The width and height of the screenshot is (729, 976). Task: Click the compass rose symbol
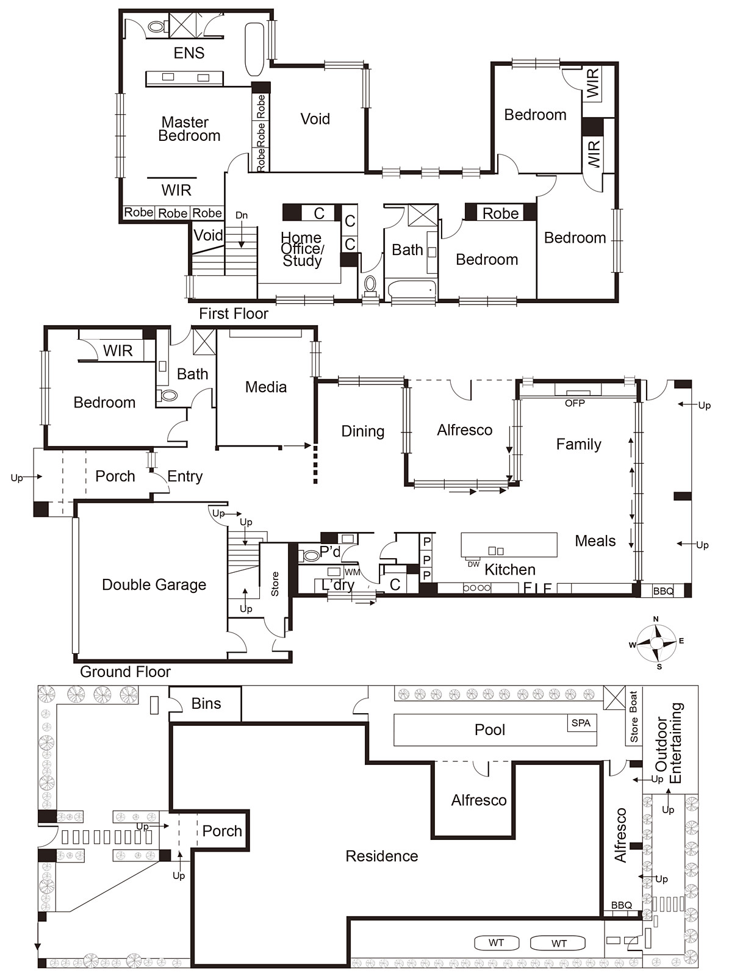point(656,643)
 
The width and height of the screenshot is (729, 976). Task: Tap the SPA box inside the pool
point(581,723)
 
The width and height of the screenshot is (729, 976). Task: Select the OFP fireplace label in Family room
point(575,403)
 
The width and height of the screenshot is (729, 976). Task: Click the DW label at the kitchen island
point(473,564)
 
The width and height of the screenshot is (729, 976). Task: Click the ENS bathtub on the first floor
point(254,49)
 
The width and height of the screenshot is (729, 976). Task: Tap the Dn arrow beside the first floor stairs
point(242,215)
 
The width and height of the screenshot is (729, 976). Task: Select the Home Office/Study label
point(302,249)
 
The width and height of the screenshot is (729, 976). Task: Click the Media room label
point(265,387)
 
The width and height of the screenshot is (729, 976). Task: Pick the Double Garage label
point(154,584)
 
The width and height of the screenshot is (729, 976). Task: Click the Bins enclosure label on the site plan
point(206,703)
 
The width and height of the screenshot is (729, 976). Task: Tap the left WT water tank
point(496,942)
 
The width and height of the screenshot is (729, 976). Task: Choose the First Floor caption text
point(234,314)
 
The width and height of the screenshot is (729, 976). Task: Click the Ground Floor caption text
point(125,672)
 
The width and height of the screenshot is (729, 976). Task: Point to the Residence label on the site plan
point(381,856)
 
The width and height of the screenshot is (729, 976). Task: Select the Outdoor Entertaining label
point(669,743)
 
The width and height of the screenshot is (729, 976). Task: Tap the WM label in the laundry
point(352,572)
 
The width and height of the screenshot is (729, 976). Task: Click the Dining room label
point(362,431)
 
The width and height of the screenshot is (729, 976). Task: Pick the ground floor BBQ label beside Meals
point(663,591)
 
